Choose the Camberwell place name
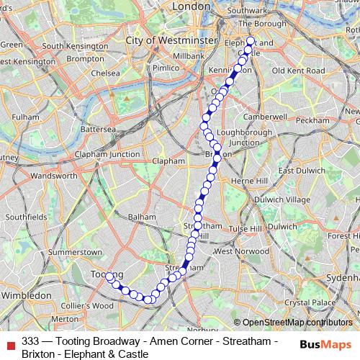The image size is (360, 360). coord(266,116)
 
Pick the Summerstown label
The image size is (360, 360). coord(74,253)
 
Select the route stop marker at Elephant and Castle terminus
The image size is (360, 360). coord(251,41)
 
